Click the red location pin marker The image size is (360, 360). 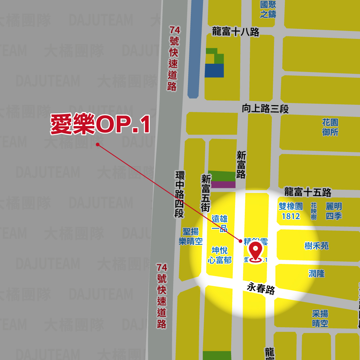pyautogui.click(x=256, y=251)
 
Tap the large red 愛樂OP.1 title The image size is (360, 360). pyautogui.click(x=100, y=125)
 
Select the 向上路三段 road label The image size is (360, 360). pyautogui.click(x=265, y=109)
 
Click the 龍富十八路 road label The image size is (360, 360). pyautogui.click(x=236, y=32)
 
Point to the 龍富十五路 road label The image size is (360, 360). pyautogui.click(x=308, y=192)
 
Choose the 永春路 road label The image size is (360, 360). pyautogui.click(x=261, y=288)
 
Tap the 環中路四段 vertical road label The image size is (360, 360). pyautogui.click(x=179, y=194)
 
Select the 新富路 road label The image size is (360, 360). pyautogui.click(x=241, y=165)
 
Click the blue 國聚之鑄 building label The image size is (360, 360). pyautogui.click(x=268, y=9)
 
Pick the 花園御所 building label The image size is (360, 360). pyautogui.click(x=330, y=127)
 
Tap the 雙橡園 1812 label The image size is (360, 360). pyautogui.click(x=291, y=211)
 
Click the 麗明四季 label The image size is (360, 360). pyautogui.click(x=334, y=211)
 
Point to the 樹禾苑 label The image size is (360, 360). pyautogui.click(x=316, y=246)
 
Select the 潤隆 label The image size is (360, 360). pyautogui.click(x=316, y=274)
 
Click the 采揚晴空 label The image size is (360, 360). pyautogui.click(x=320, y=318)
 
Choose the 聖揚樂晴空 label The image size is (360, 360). pyautogui.click(x=191, y=236)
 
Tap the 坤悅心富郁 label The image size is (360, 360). pyautogui.click(x=220, y=255)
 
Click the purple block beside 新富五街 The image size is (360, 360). pyautogui.click(x=223, y=185)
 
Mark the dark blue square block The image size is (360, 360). pyautogui.click(x=214, y=71)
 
